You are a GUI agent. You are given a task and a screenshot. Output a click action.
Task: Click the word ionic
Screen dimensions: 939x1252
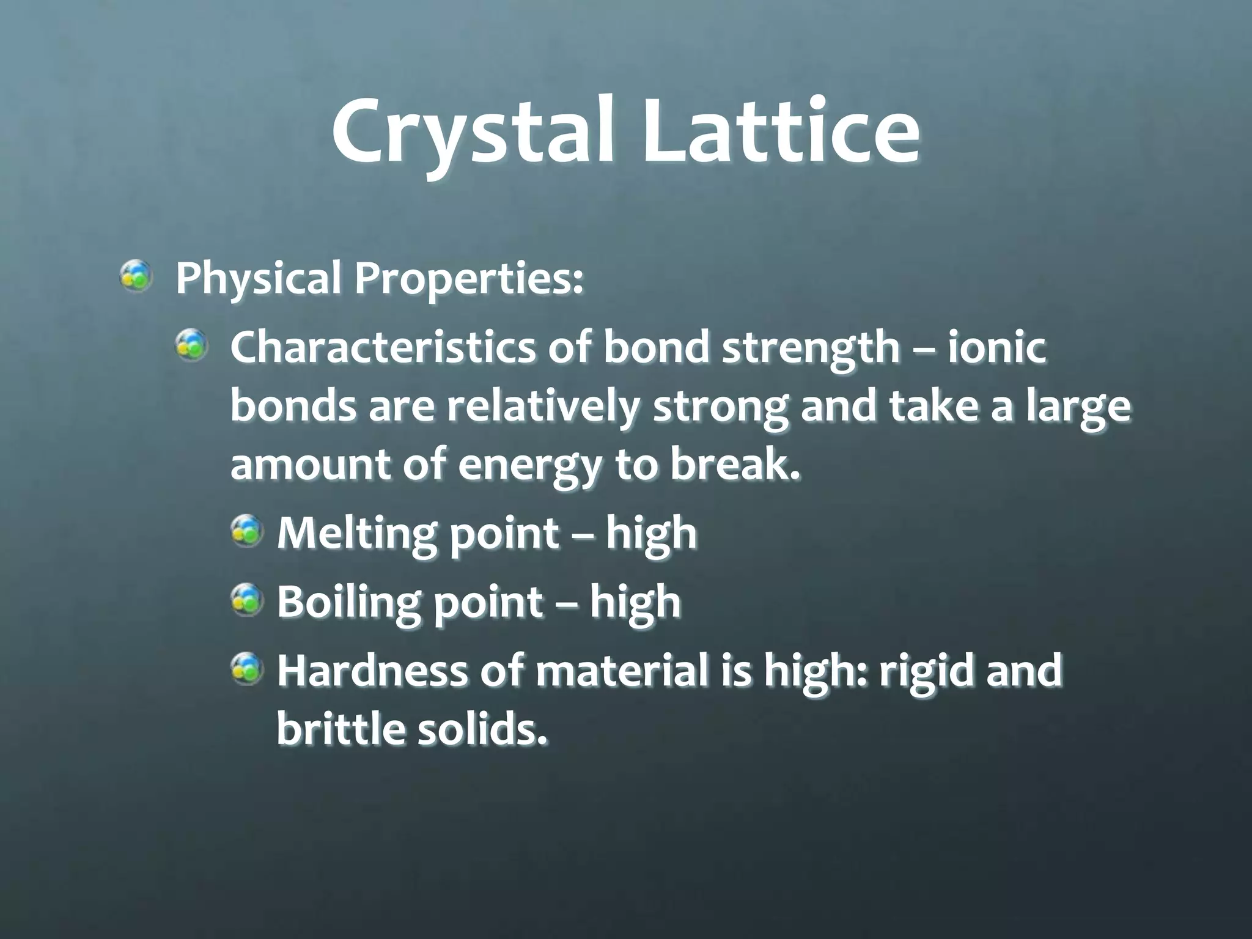(997, 346)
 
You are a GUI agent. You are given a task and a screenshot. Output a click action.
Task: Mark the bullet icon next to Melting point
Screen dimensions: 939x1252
(247, 531)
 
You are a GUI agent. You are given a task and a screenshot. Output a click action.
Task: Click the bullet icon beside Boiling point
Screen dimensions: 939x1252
(247, 600)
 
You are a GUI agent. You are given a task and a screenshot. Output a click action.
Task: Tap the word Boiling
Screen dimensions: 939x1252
(348, 602)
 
